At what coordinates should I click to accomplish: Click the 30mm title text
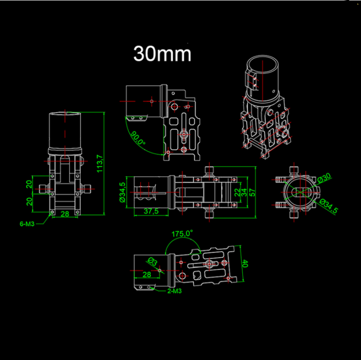click(162, 54)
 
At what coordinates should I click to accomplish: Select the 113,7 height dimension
click(100, 163)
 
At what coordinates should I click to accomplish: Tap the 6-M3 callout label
click(27, 224)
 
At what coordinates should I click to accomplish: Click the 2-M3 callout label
click(174, 291)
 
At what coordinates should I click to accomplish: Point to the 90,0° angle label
click(138, 138)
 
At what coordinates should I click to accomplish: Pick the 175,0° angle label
click(182, 234)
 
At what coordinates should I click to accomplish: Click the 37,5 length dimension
click(151, 211)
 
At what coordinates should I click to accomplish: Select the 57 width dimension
click(252, 192)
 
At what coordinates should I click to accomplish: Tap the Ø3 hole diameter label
click(153, 261)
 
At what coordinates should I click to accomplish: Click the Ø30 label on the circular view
click(324, 178)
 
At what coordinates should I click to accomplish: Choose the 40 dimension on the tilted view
click(245, 264)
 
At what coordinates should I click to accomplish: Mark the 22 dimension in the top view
click(237, 192)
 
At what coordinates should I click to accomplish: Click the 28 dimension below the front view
click(64, 214)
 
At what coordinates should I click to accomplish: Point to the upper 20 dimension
click(29, 184)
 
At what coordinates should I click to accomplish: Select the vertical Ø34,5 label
click(123, 192)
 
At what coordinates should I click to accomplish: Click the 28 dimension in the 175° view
click(147, 274)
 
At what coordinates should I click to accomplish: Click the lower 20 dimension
click(29, 202)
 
